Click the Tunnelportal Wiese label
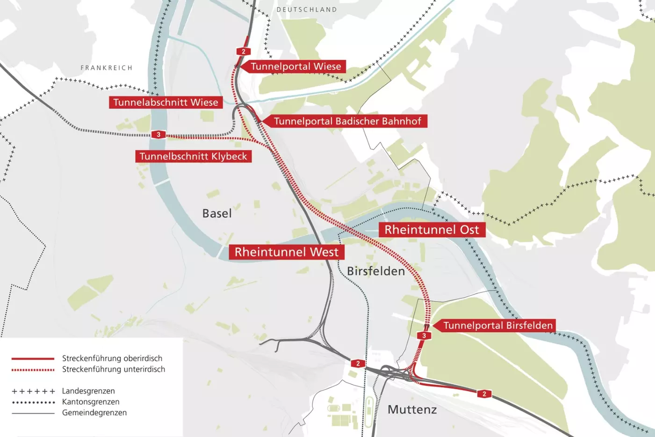[x=296, y=66]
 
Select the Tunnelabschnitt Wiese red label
[x=166, y=102]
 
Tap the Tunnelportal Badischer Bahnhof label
[x=347, y=121]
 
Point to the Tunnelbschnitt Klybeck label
[x=193, y=156]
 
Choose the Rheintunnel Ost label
[x=432, y=230]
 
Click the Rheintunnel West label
[x=286, y=252]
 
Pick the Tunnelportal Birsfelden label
[x=497, y=326]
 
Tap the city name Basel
[x=217, y=213]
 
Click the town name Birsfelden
[x=376, y=271]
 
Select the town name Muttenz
[x=412, y=409]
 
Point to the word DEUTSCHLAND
[x=307, y=10]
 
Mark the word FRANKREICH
[x=107, y=68]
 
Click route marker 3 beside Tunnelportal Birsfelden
[x=424, y=335]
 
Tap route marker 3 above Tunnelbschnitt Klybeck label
[x=158, y=135]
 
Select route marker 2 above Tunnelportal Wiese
[x=243, y=51]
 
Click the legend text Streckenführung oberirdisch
[x=112, y=358]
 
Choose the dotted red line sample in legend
[x=33, y=370]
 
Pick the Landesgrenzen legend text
[x=88, y=391]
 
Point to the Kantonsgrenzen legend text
[x=91, y=402]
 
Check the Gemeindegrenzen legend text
[x=94, y=413]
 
